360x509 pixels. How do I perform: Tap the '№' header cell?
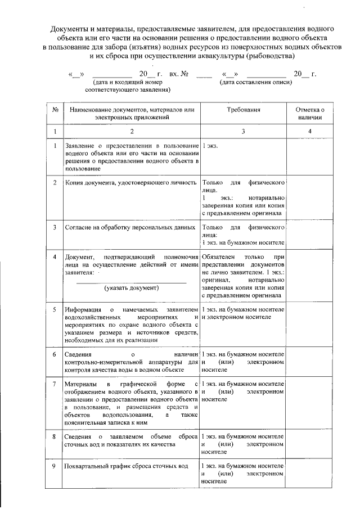pyautogui.click(x=55, y=110)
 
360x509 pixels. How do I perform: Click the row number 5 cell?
pyautogui.click(x=55, y=310)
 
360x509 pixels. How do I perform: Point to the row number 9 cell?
pyautogui.click(x=55, y=467)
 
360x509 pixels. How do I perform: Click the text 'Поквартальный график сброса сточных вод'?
pyautogui.click(x=124, y=467)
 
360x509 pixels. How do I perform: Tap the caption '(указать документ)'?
pyautogui.click(x=132, y=288)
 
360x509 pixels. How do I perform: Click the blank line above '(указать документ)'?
pyautogui.click(x=132, y=281)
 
